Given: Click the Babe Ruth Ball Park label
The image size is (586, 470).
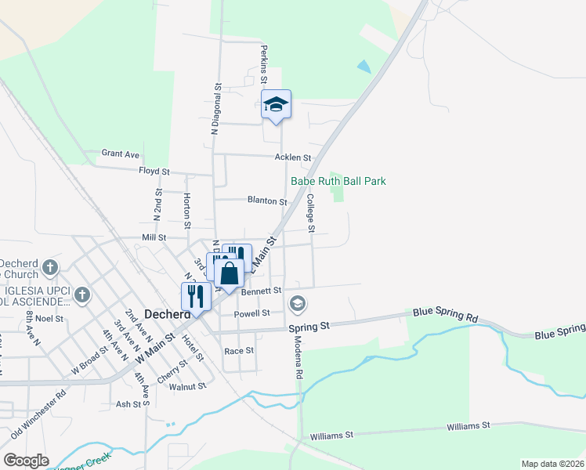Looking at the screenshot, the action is click(338, 181).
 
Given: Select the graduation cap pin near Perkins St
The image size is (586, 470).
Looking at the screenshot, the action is click(276, 105).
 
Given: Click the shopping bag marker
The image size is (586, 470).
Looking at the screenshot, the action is click(229, 275).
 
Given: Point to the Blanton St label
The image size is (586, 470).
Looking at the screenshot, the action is click(267, 201).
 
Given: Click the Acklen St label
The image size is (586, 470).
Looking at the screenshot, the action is click(293, 157).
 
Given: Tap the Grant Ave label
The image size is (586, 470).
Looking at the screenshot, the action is click(121, 154).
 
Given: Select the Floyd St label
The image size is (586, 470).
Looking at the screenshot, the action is click(154, 171).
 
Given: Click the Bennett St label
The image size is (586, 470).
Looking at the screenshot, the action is click(261, 291).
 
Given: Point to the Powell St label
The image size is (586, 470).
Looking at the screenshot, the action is click(252, 313).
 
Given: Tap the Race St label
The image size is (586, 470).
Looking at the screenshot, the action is click(239, 350).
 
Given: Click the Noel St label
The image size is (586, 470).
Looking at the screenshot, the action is click(49, 319).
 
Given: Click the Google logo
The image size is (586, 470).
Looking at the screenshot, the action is click(26, 461).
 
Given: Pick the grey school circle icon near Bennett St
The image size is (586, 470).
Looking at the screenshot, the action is click(298, 303).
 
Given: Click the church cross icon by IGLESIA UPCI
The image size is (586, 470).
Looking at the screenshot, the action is click(82, 295).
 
